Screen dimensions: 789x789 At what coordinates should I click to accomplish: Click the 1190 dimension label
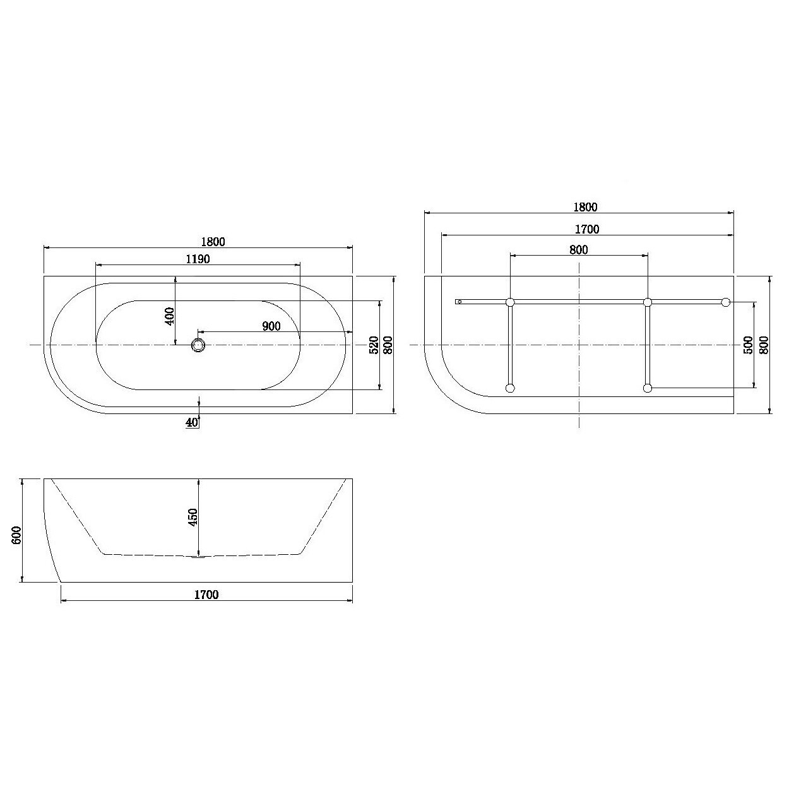click(x=198, y=259)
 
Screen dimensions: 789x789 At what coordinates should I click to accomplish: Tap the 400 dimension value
click(x=170, y=316)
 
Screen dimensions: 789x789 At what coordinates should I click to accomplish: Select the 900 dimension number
click(x=271, y=326)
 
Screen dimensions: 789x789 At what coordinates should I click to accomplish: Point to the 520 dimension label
click(x=374, y=345)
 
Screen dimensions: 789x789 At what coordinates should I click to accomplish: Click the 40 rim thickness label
click(x=192, y=422)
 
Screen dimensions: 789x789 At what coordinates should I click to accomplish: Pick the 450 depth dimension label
click(x=193, y=517)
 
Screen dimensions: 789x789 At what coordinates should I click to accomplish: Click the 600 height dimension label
click(x=16, y=535)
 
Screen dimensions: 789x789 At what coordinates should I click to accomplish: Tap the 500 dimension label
click(x=748, y=345)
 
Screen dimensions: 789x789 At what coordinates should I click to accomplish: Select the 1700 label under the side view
click(x=206, y=595)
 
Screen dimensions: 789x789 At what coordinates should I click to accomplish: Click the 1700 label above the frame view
click(x=587, y=229)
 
